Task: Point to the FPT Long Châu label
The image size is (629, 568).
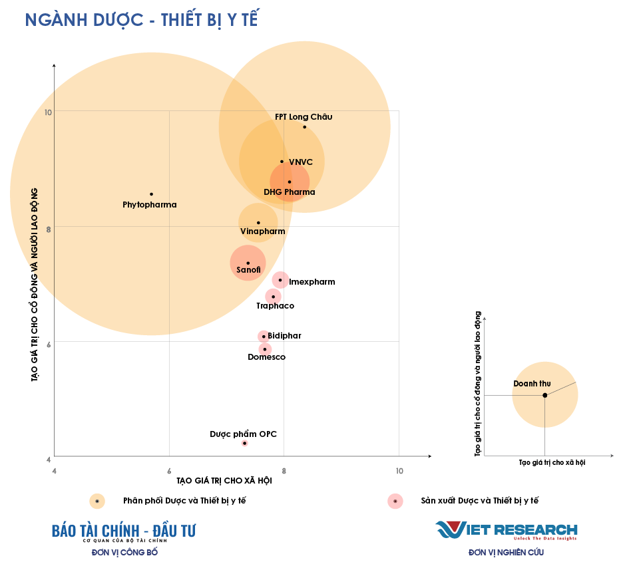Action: pyautogui.click(x=304, y=117)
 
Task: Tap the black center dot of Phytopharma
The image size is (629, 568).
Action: pyautogui.click(x=151, y=194)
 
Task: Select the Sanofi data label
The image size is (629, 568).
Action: pyautogui.click(x=248, y=270)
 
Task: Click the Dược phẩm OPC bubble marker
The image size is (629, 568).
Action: pyautogui.click(x=244, y=443)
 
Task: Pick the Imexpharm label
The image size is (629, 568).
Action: pyautogui.click(x=312, y=282)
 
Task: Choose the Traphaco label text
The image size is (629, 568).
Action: pyautogui.click(x=275, y=306)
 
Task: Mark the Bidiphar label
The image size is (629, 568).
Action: pyautogui.click(x=284, y=336)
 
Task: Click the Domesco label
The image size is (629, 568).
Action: pyautogui.click(x=266, y=357)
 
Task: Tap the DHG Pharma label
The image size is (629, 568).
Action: pyautogui.click(x=290, y=192)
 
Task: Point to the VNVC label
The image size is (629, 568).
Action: pyautogui.click(x=301, y=162)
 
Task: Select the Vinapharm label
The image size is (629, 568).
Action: pyautogui.click(x=262, y=231)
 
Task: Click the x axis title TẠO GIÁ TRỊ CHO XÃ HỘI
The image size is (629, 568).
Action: pyautogui.click(x=224, y=481)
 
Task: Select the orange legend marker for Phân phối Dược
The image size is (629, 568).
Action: pyautogui.click(x=97, y=501)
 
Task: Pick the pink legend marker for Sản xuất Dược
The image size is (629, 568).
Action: pyautogui.click(x=395, y=501)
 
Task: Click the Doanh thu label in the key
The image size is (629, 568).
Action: pyautogui.click(x=532, y=384)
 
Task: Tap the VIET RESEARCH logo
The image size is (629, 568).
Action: pyautogui.click(x=507, y=530)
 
